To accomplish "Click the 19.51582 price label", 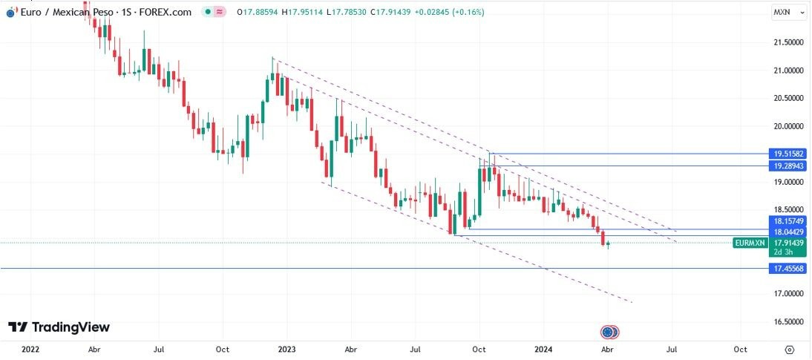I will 788,154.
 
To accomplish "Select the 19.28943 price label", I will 788,166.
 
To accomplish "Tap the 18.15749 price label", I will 788,221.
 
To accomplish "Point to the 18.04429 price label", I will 788,232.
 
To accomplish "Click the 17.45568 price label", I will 788,268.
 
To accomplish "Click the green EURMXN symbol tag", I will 748,243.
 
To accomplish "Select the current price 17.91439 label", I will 788,243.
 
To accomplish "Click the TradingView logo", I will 59,327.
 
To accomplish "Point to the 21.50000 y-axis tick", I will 788,43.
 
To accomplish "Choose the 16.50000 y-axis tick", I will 788,322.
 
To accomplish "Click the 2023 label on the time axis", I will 287,349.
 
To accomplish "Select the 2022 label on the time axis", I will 30,349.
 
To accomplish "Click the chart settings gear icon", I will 790,349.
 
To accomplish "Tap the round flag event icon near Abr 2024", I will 609,332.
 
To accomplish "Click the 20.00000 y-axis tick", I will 788,126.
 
